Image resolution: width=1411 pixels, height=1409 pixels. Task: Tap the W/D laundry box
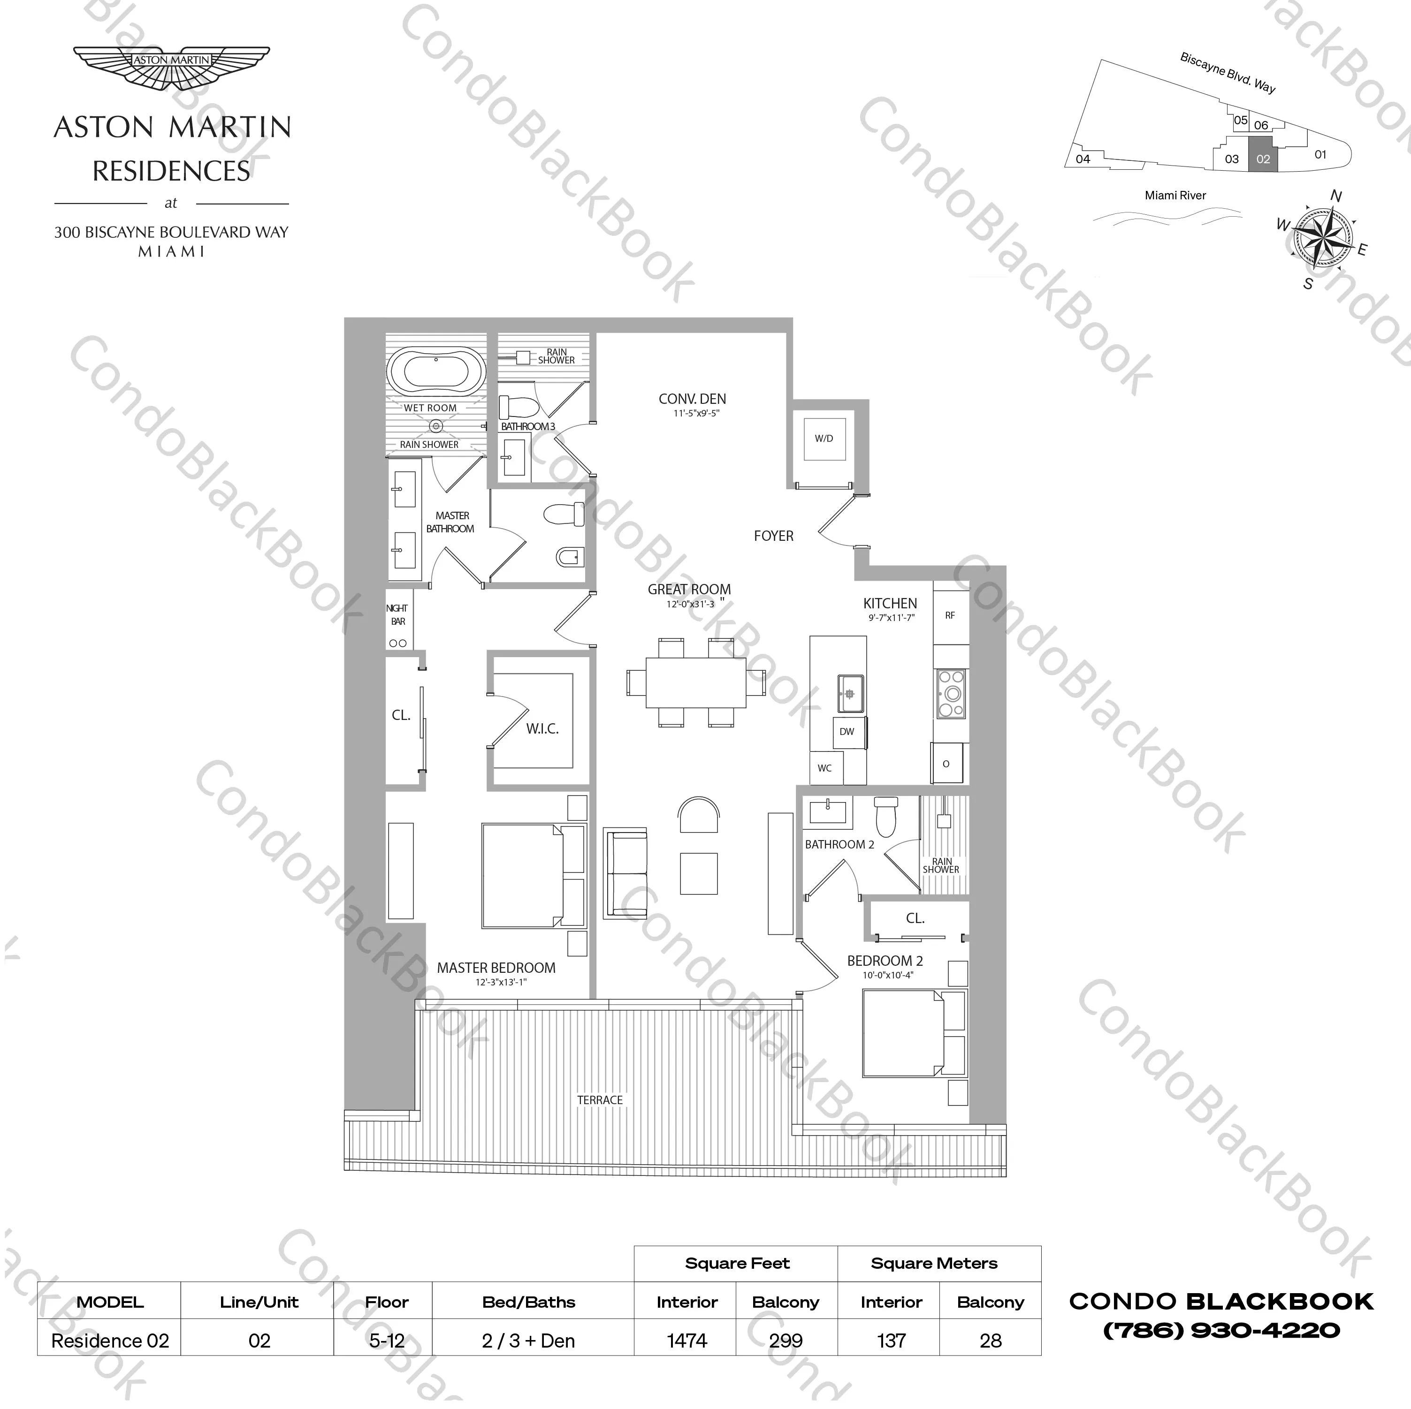coord(824,439)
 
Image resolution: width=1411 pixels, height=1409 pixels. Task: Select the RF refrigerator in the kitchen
coord(950,615)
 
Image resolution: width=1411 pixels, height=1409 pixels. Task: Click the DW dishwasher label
coord(847,732)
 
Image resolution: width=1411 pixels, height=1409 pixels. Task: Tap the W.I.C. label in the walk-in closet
coord(542,728)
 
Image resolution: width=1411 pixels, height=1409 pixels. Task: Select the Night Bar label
coord(398,615)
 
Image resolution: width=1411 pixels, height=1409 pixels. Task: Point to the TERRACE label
coord(600,1100)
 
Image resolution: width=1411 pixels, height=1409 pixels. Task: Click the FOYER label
coord(773,536)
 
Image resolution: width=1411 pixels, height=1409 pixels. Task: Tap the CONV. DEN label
coord(692,399)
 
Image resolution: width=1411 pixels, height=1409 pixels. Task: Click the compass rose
coord(1323,237)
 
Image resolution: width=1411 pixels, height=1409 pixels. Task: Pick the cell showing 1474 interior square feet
coord(686,1341)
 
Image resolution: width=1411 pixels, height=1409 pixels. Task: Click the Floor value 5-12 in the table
coord(386,1341)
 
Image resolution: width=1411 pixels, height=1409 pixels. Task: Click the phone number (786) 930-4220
coord(1221,1331)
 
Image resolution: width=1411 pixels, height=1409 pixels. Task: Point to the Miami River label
coord(1175,196)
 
